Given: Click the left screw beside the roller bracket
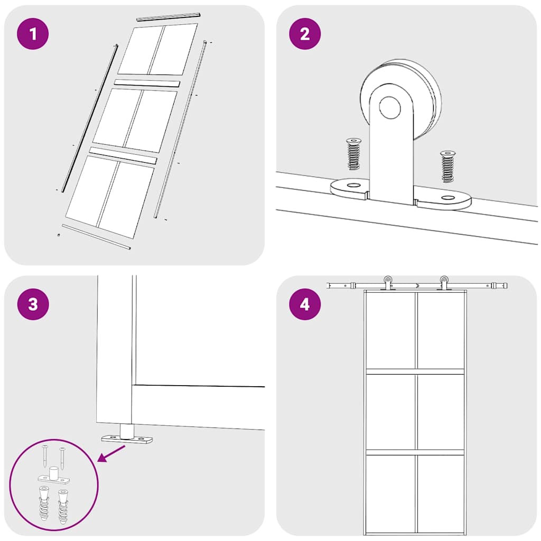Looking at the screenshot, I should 352,154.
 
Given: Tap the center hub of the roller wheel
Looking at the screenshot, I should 390,107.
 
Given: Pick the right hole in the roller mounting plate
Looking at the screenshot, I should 449,198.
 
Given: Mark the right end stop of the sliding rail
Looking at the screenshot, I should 499,286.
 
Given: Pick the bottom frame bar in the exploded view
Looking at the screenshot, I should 96,236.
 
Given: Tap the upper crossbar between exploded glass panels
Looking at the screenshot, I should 147,83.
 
